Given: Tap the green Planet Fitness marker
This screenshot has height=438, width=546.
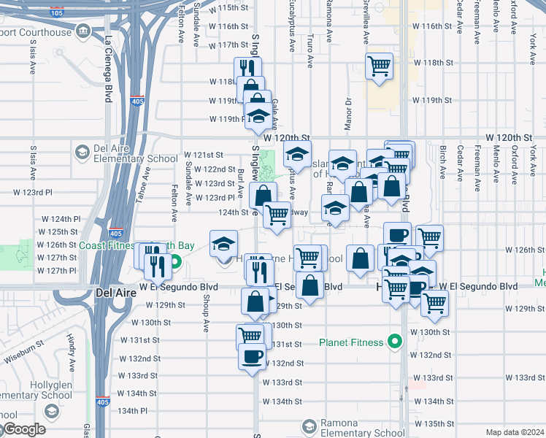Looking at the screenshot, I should click(x=395, y=341).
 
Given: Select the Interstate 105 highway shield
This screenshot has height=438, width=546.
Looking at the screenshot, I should click(x=56, y=12).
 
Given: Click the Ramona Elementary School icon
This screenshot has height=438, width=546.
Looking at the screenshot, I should click(x=309, y=426).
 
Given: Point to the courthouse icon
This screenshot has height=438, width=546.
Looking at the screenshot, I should click(x=82, y=32).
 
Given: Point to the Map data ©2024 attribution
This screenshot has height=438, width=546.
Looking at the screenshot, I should click(x=515, y=432).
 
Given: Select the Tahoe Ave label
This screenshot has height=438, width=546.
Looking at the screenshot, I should click(x=147, y=180).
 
